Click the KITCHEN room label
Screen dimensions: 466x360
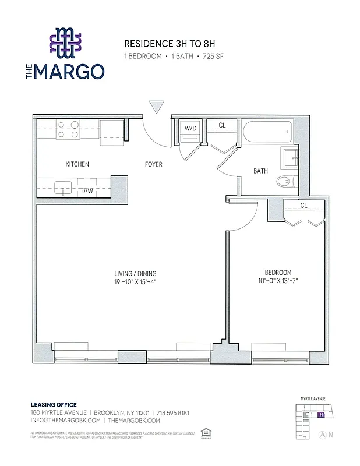tap(77, 164)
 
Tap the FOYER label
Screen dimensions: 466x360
tap(154, 164)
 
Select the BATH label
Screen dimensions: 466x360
tap(260, 171)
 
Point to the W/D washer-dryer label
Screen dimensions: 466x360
tap(190, 128)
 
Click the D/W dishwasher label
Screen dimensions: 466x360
tap(87, 190)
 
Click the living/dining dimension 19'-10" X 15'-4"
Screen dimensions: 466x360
tap(135, 282)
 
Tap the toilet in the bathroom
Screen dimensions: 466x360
tap(284, 181)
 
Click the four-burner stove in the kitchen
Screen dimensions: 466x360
tap(68, 129)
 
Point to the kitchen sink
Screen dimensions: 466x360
tap(62, 188)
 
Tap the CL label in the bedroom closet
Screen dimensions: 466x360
tap(303, 206)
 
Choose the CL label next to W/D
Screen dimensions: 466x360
tap(222, 125)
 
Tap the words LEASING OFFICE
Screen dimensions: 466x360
tap(54, 405)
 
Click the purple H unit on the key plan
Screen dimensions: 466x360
tap(320, 415)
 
